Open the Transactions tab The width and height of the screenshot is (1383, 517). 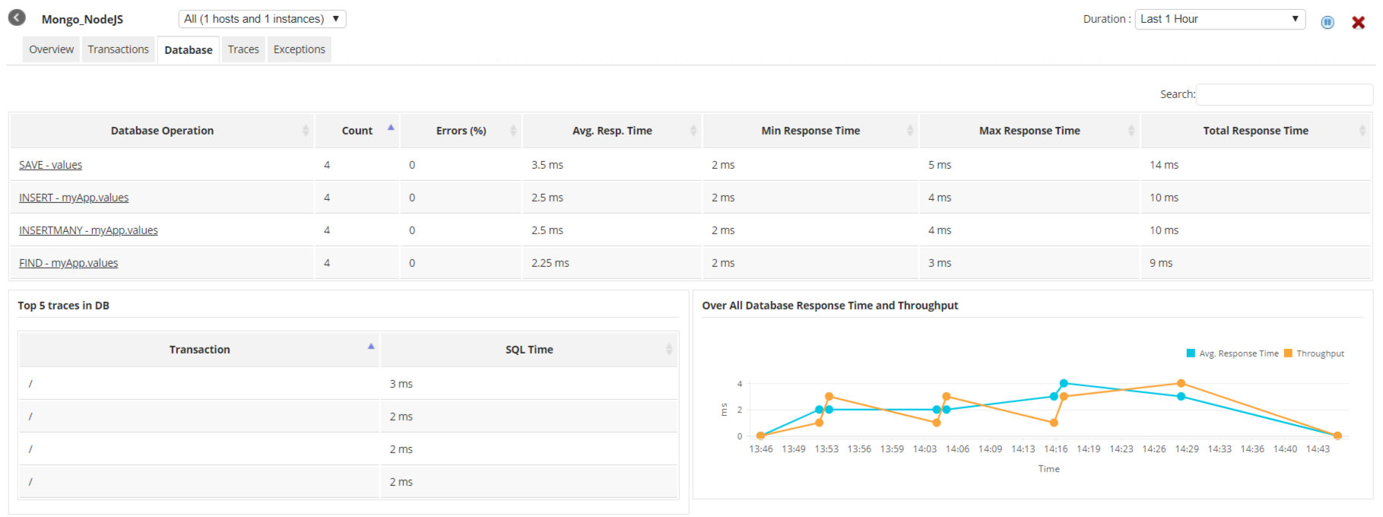(x=118, y=49)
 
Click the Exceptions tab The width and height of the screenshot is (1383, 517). (x=299, y=49)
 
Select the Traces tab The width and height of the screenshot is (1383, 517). (x=243, y=49)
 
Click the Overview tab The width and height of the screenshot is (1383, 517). (x=52, y=49)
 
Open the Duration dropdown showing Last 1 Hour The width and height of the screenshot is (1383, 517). (x=1219, y=19)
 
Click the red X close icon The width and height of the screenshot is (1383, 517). (x=1358, y=23)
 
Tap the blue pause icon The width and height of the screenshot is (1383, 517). (x=1327, y=23)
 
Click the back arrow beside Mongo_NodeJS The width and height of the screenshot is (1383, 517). (x=17, y=17)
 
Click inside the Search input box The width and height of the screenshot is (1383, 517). (x=1283, y=94)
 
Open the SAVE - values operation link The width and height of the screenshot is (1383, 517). (x=50, y=165)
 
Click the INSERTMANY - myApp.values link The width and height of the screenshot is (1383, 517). (x=88, y=230)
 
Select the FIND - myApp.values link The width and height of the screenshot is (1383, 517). (x=68, y=263)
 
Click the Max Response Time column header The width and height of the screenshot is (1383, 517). (x=1029, y=131)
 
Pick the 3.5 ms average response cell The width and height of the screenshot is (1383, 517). (x=547, y=165)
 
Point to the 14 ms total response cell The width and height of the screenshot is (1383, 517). (x=1164, y=165)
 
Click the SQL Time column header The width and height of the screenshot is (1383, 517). (x=529, y=350)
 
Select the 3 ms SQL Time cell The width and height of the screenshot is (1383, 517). (x=401, y=384)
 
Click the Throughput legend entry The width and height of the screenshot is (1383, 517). (x=1320, y=354)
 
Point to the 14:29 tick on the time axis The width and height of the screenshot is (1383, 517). (x=1187, y=449)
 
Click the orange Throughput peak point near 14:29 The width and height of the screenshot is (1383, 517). (x=1181, y=384)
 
